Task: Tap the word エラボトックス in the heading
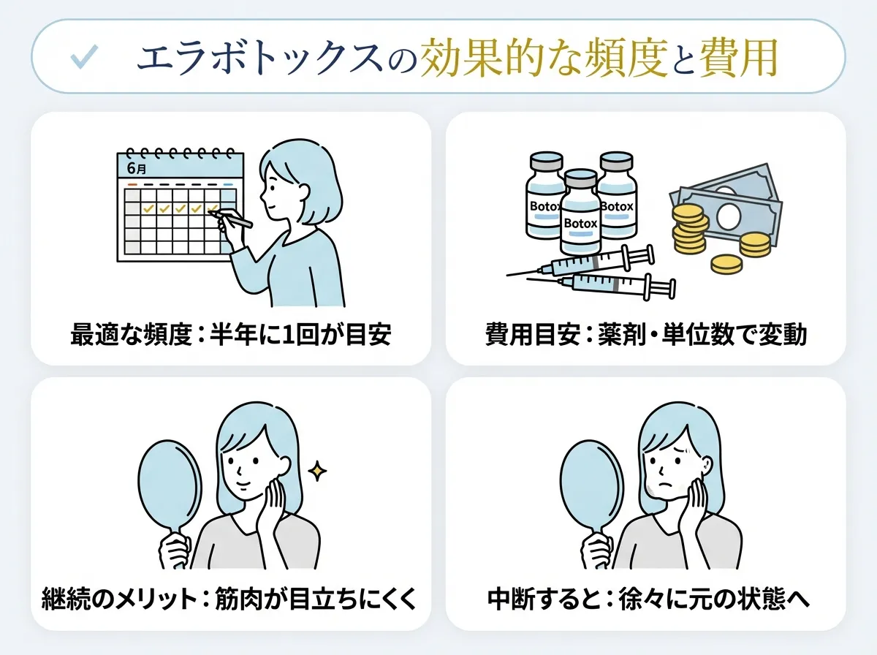point(259,58)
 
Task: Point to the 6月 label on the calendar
point(136,168)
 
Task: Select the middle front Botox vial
point(581,212)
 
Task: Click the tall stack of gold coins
point(690,227)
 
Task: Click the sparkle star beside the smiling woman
point(317,472)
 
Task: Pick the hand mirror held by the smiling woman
point(170,482)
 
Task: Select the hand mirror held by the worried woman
point(591,482)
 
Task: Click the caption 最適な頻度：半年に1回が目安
point(231,335)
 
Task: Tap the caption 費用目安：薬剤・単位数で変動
point(646,335)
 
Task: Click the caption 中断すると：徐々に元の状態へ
point(646,600)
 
